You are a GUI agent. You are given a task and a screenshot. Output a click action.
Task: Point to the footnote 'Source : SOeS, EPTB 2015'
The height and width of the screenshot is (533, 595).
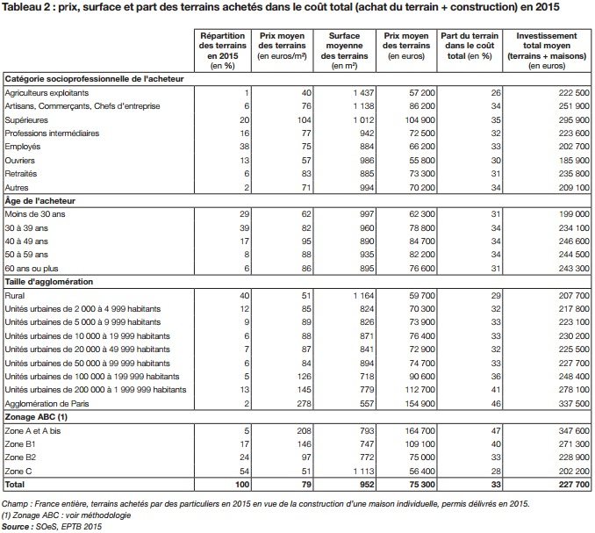54,527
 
